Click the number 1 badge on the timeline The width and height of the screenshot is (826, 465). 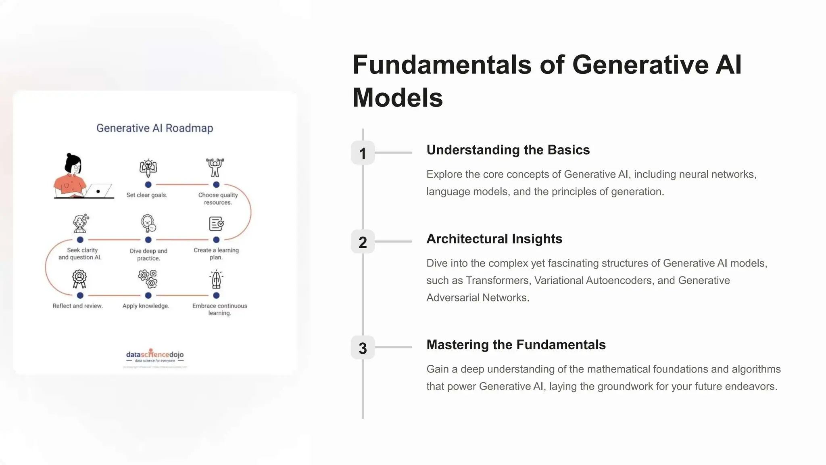[x=363, y=153]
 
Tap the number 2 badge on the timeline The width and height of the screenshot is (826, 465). [x=363, y=242]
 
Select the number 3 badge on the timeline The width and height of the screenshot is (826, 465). [x=363, y=348]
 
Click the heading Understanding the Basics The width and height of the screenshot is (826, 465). [x=508, y=150]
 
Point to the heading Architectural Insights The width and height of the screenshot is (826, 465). [x=494, y=239]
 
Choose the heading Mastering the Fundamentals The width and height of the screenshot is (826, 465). [x=516, y=345]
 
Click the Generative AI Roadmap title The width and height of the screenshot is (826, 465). [x=154, y=128]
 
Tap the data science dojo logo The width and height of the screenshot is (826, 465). [x=155, y=356]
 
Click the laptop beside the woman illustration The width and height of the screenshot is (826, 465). [x=99, y=191]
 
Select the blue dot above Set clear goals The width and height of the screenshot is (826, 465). [x=148, y=185]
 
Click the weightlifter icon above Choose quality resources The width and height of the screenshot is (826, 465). [x=215, y=167]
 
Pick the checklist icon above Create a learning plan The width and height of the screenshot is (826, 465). [x=216, y=224]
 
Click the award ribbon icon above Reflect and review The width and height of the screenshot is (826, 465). [x=79, y=279]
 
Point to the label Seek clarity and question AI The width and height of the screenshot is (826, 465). [x=80, y=254]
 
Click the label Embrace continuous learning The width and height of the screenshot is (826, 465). [x=219, y=310]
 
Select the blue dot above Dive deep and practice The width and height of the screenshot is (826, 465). [x=148, y=240]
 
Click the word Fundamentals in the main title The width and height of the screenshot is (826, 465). [x=442, y=65]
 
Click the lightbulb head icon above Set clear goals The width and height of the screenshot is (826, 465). [x=148, y=168]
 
